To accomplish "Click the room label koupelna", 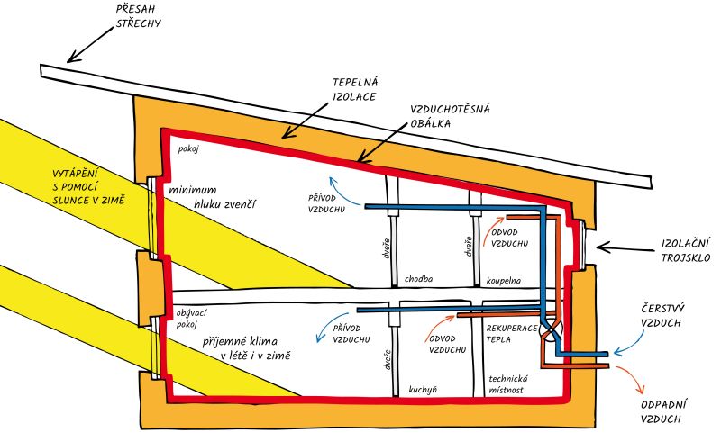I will (x=505, y=279).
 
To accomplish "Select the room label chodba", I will (x=419, y=279).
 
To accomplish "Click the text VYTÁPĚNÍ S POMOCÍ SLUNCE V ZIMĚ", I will (x=100, y=185).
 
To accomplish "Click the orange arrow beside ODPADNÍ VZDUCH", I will (x=635, y=382).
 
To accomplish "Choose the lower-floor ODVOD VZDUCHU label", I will (x=447, y=343).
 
